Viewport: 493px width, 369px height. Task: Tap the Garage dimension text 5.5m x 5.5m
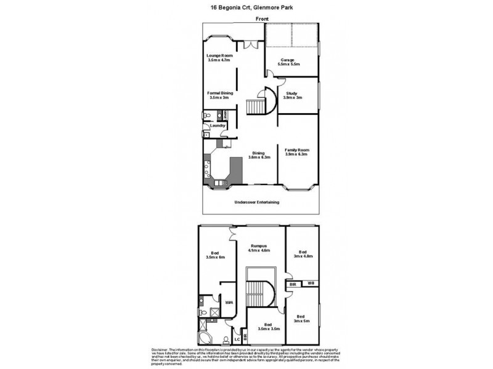(x=288, y=64)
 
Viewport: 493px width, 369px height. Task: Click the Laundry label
(x=218, y=126)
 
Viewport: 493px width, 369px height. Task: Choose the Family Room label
(x=296, y=150)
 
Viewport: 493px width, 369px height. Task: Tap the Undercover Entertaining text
(x=257, y=202)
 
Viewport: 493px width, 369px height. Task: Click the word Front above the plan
(x=261, y=20)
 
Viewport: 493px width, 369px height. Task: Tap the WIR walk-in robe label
(x=228, y=303)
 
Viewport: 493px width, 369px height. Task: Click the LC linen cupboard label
(x=237, y=338)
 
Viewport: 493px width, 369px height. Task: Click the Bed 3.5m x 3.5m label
(x=267, y=327)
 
